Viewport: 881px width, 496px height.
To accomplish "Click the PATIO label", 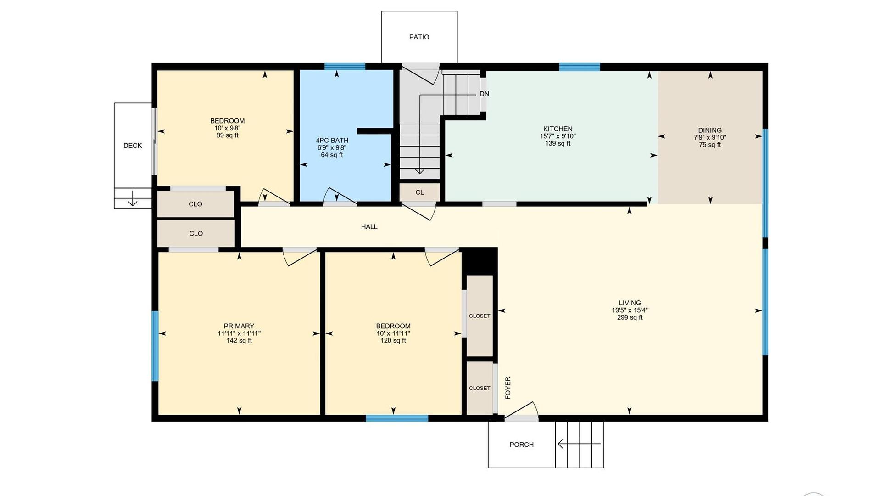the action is [x=419, y=37].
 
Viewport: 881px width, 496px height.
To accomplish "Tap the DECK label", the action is [x=133, y=146].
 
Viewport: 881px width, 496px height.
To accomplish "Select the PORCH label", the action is [x=521, y=445].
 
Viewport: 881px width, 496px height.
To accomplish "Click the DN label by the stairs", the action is [x=484, y=94].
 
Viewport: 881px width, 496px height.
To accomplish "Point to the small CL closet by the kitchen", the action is [x=419, y=192].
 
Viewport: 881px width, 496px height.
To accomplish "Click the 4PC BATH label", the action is [x=332, y=141].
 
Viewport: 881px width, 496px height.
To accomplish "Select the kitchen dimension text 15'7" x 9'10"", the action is [x=558, y=136].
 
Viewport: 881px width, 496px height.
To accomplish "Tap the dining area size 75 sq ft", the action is [x=710, y=145].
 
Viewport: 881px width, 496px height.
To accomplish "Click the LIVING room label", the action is [x=630, y=303].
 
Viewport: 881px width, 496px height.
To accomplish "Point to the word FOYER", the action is [x=508, y=388].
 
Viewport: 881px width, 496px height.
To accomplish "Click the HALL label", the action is [x=369, y=226].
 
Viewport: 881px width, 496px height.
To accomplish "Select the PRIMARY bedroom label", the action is [x=239, y=326].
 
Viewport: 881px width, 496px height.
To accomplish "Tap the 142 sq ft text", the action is [x=239, y=340].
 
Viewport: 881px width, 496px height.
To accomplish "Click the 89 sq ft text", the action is [x=227, y=135].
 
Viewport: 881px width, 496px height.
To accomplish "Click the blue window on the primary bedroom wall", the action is [x=155, y=346].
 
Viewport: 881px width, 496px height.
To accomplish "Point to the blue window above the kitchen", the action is [x=580, y=67].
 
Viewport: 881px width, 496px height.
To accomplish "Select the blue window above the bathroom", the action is [x=345, y=67].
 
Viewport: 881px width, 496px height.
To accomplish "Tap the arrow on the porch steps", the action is [x=579, y=444].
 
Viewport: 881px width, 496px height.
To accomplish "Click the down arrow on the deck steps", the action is [x=132, y=198].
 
